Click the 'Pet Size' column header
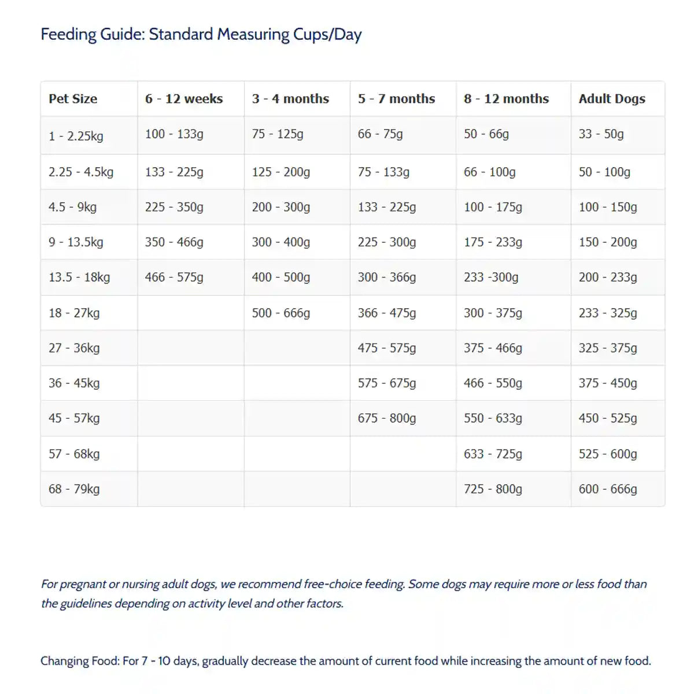(73, 99)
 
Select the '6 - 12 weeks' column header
(184, 99)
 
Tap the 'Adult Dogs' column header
(612, 99)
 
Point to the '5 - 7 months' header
(396, 99)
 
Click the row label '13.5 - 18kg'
(79, 277)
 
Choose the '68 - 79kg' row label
(74, 489)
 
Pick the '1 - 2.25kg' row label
(76, 136)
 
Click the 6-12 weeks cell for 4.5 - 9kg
(174, 207)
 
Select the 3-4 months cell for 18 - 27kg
(281, 313)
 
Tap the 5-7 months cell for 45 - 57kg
(387, 418)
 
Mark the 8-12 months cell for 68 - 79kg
(493, 489)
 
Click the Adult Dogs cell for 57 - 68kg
(608, 454)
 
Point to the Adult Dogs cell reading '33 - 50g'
(601, 134)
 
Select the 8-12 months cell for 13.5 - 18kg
(491, 277)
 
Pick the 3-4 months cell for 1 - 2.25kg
(278, 134)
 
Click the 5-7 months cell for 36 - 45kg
(387, 383)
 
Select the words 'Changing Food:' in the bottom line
(80, 661)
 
